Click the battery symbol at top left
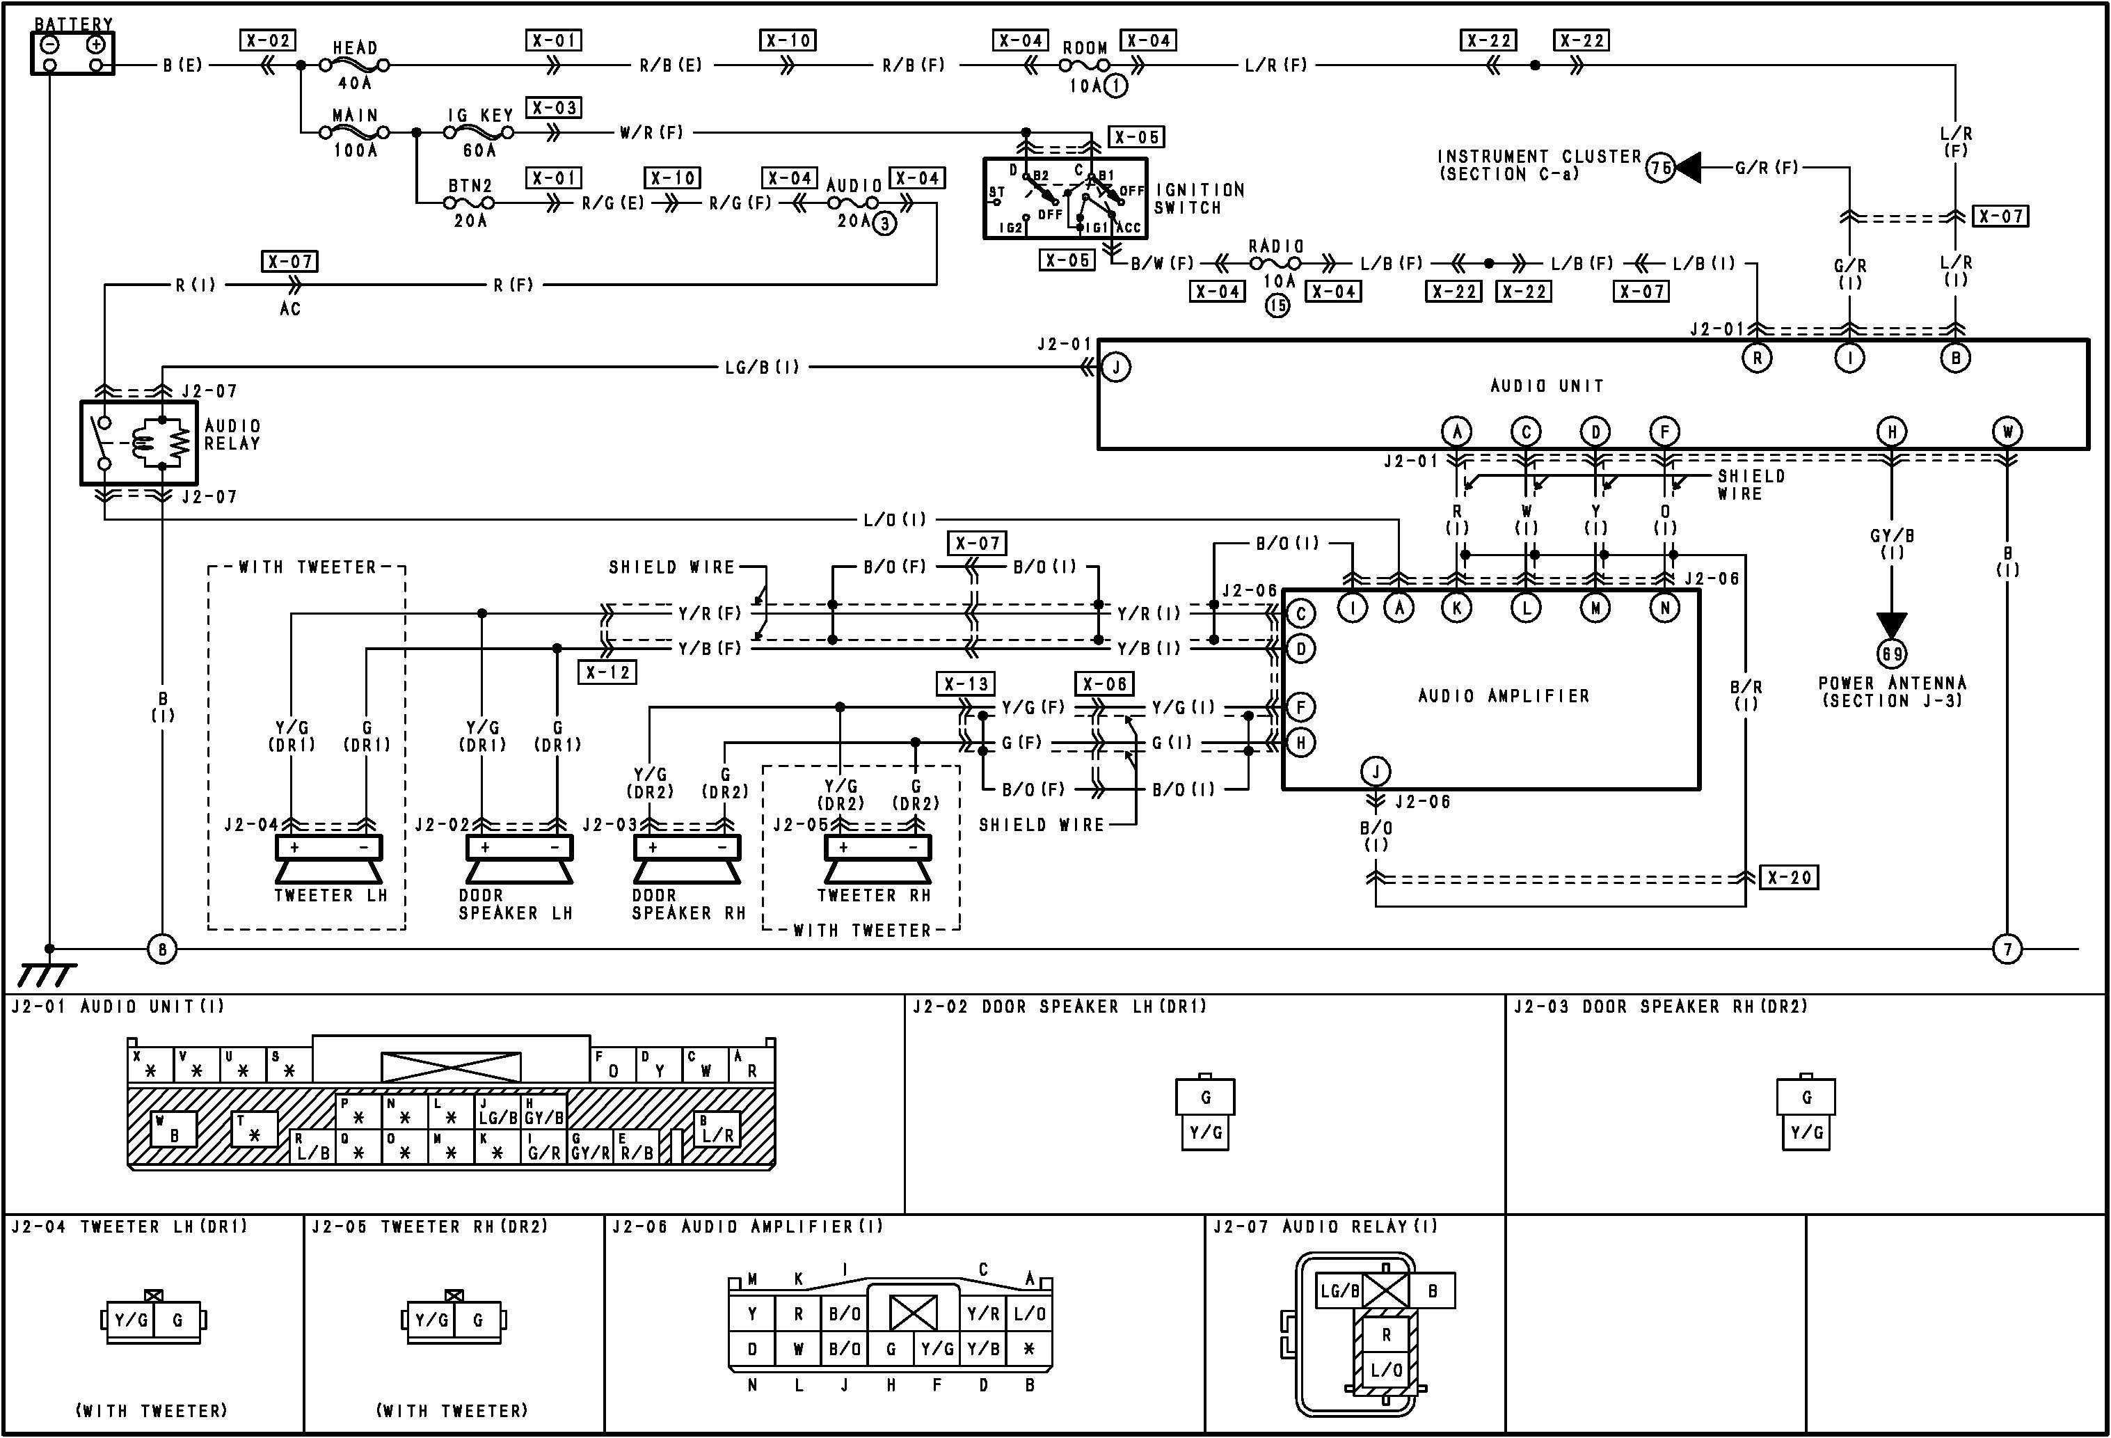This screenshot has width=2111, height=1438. tap(72, 53)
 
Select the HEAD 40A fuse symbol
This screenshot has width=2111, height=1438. tap(355, 65)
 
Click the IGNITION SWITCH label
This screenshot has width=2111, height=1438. tap(1199, 199)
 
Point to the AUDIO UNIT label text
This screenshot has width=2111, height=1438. tap(1547, 386)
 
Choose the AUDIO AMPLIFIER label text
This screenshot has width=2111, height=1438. tap(1504, 696)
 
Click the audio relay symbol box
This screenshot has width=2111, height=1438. tap(139, 443)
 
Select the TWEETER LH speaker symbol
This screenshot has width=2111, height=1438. tap(329, 860)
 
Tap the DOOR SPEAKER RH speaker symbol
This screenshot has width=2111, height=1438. tap(687, 860)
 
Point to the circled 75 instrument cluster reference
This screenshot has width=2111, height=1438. tap(1662, 168)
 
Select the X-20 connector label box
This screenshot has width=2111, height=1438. tap(1790, 878)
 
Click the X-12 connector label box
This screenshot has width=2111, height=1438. tap(607, 672)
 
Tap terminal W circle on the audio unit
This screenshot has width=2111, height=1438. tap(2007, 432)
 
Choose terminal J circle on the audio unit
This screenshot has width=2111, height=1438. tap(1116, 368)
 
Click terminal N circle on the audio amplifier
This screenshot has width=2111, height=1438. tap(1665, 608)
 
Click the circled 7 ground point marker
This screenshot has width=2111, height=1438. tap(2007, 950)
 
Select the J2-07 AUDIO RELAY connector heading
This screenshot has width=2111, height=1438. tap(1326, 1227)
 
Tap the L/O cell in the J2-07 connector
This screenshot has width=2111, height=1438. tap(1386, 1370)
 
